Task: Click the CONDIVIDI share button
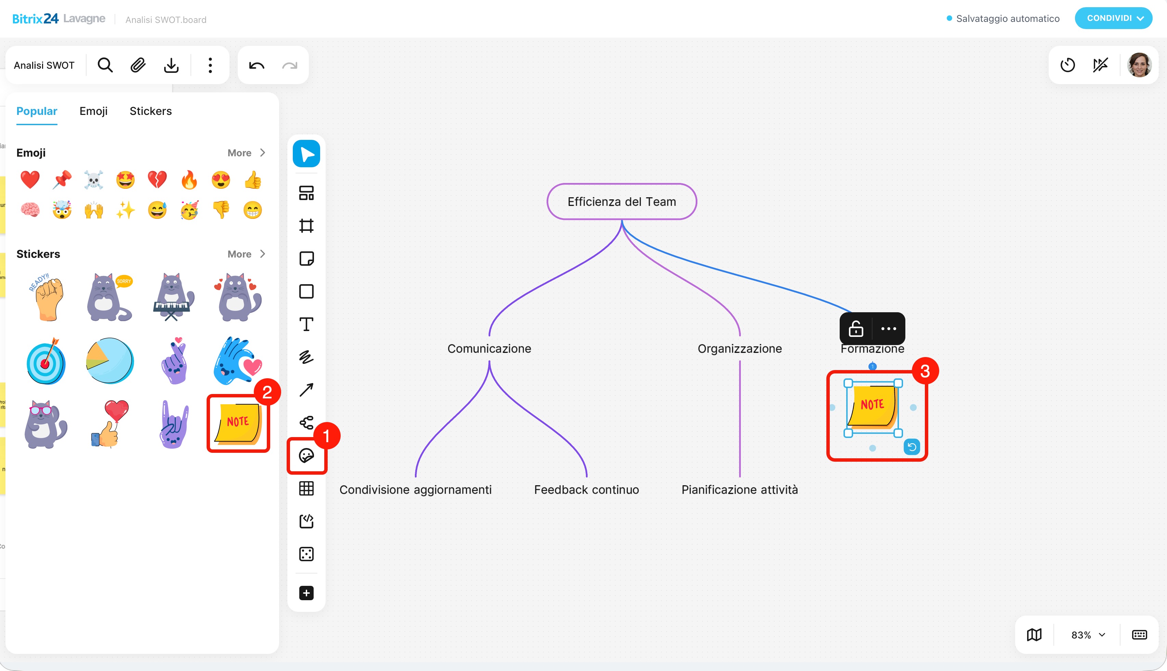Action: [1114, 18]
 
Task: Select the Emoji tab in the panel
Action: [94, 111]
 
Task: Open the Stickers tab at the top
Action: [151, 111]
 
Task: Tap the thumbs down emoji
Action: [221, 210]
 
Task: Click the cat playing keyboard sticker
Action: [173, 297]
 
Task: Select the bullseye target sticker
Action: [45, 361]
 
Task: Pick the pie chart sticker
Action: [110, 361]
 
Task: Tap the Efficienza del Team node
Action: [622, 201]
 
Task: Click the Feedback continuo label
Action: [586, 489]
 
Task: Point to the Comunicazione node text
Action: [489, 348]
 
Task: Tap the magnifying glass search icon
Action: [105, 65]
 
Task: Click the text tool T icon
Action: [306, 325]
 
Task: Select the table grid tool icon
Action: [306, 488]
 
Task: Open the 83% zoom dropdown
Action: [1088, 635]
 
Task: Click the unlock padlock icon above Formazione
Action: [856, 329]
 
